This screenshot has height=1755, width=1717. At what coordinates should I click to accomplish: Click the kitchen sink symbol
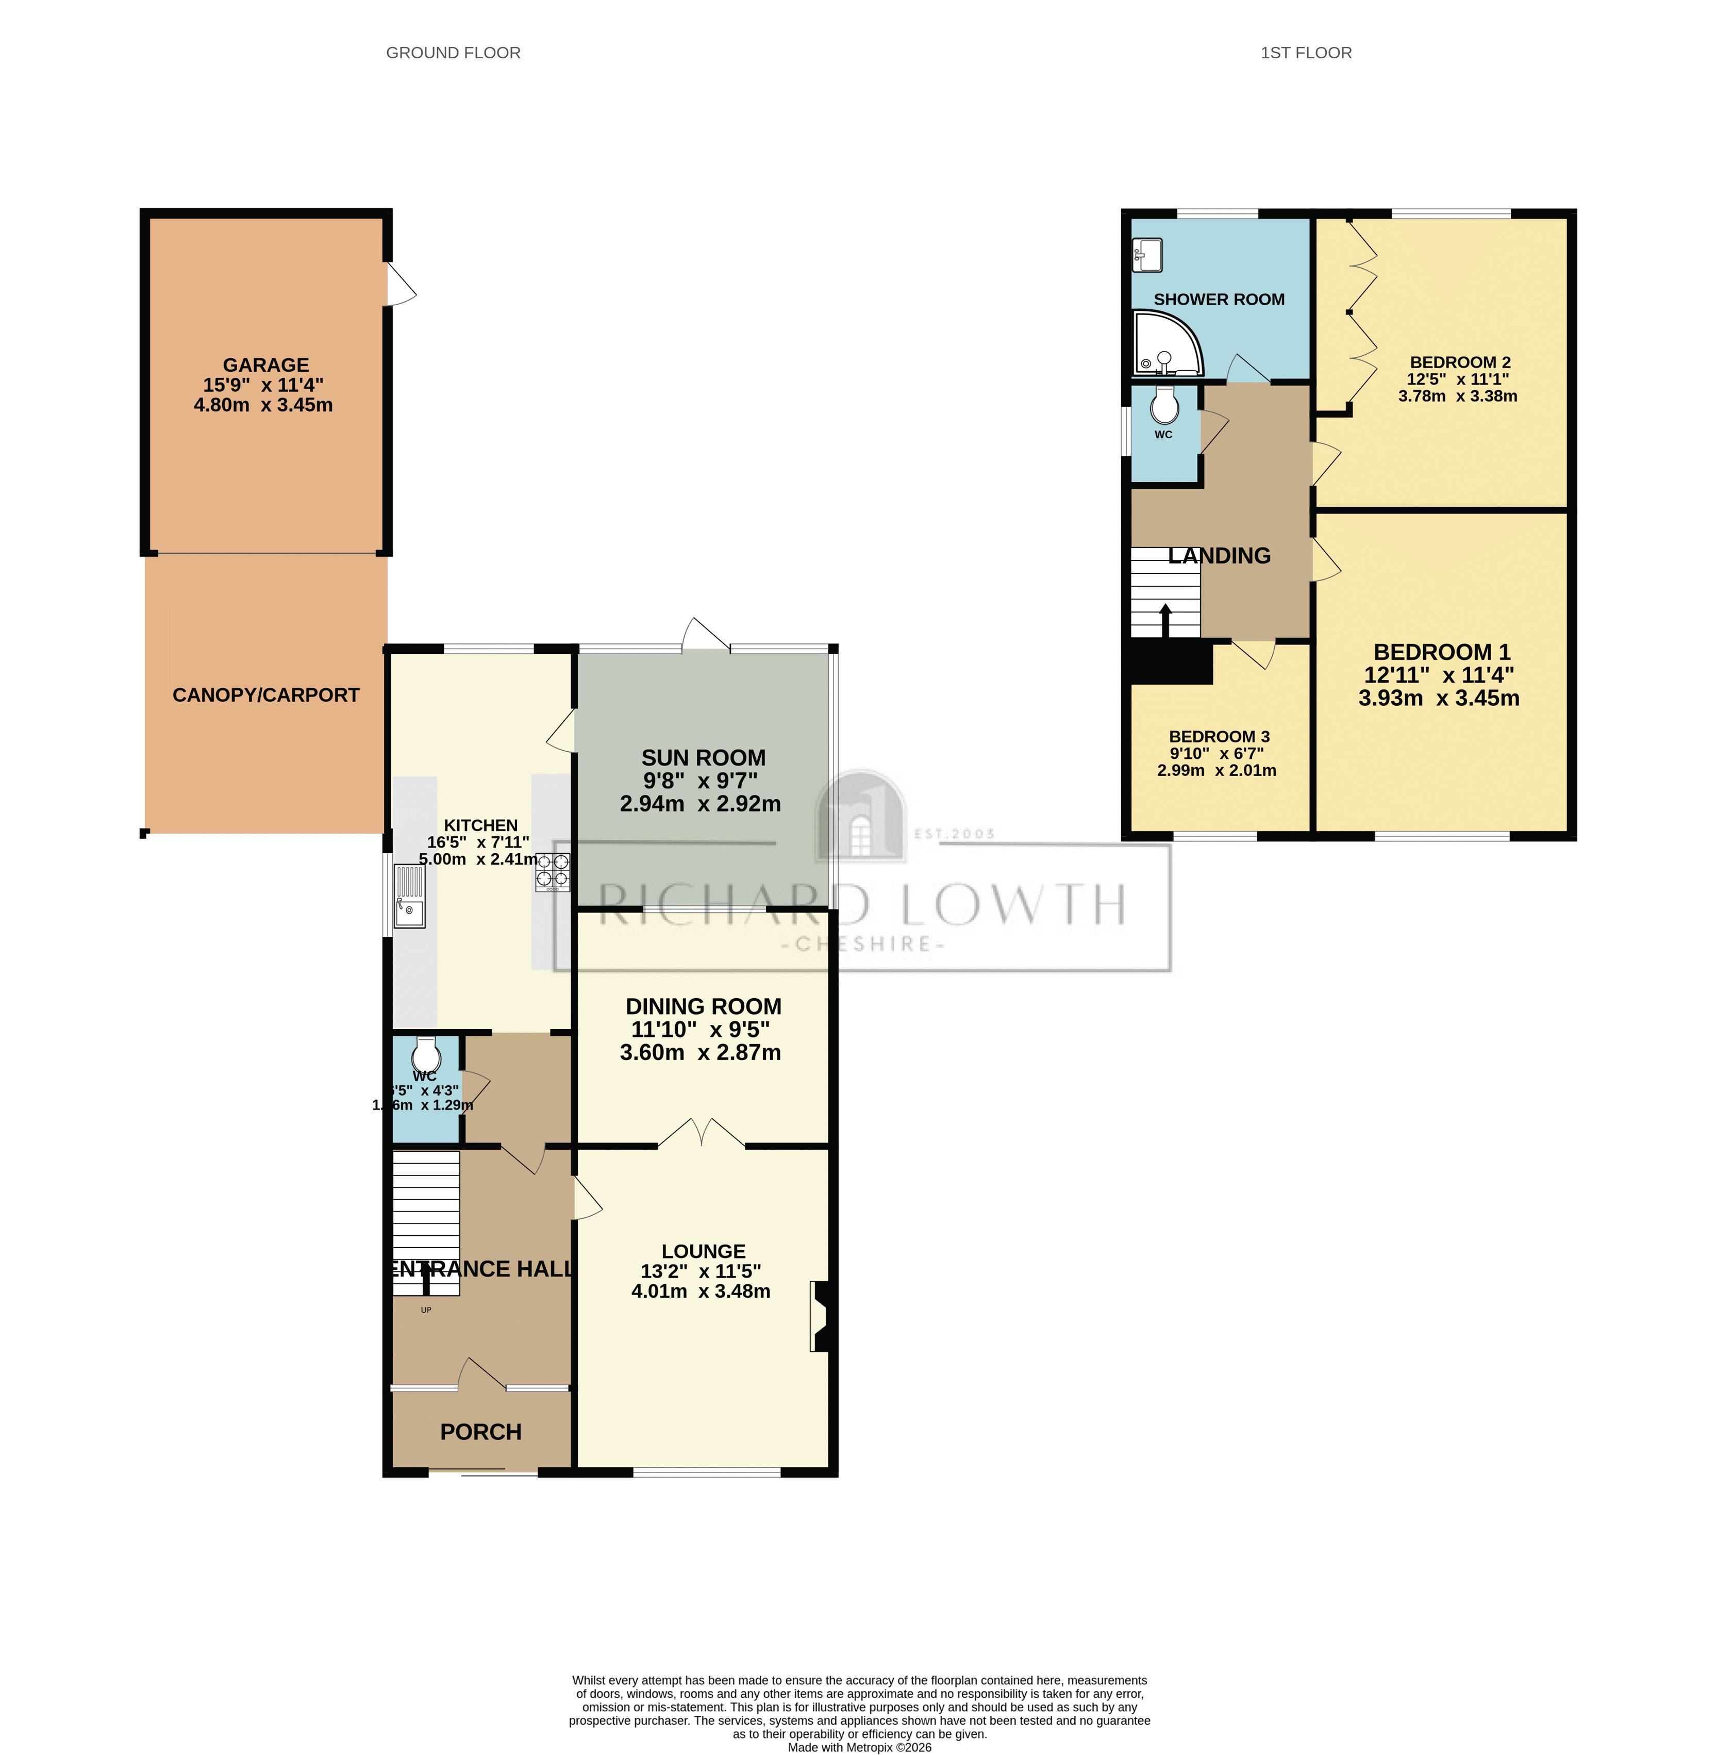409,896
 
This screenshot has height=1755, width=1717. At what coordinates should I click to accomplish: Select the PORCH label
480,1432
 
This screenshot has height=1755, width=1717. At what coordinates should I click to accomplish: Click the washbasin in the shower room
1148,254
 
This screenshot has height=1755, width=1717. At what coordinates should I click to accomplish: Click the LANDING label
1219,556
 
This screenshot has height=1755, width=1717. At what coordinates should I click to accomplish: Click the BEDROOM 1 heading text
1441,652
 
